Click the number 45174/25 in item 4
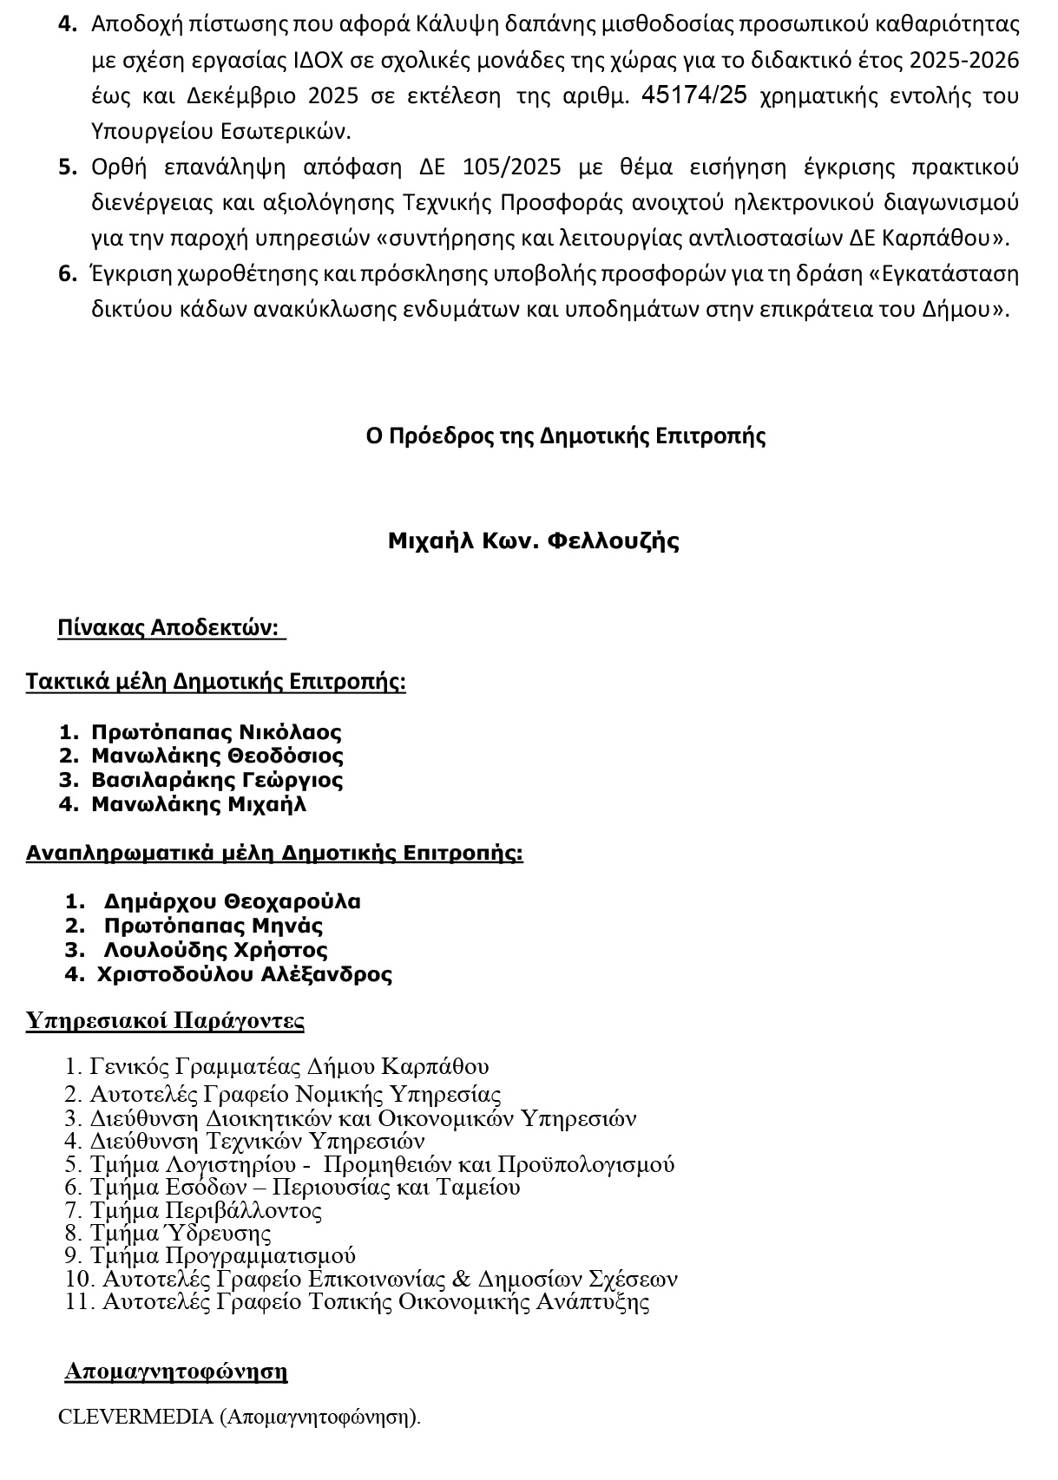tap(693, 95)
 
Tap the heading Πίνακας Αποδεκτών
tap(171, 628)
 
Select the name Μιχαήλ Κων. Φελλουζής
tap(533, 541)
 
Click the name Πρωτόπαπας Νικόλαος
tap(216, 732)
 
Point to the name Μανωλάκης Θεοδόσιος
tap(217, 756)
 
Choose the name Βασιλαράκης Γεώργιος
tap(217, 780)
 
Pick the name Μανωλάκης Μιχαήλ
tap(199, 804)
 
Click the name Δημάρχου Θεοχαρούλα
tap(232, 901)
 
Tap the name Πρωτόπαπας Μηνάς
tap(213, 926)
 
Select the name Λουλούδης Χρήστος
tap(215, 950)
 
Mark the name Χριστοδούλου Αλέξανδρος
tap(244, 974)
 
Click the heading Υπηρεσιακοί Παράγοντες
tap(165, 1020)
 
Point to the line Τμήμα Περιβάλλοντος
tap(206, 1211)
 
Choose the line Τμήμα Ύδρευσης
tap(181, 1234)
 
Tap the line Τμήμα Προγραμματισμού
tap(223, 1256)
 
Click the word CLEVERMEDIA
tap(135, 1417)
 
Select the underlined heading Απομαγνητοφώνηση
tap(176, 1372)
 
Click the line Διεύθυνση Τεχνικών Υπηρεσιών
tap(257, 1141)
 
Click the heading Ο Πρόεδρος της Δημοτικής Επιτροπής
tap(566, 435)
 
